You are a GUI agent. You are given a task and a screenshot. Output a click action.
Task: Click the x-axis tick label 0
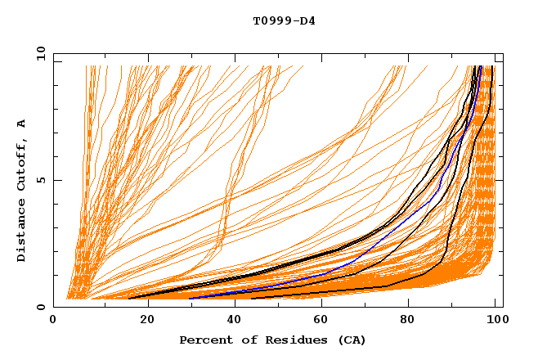pos(53,322)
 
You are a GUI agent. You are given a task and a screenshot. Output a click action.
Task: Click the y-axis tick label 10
pos(40,52)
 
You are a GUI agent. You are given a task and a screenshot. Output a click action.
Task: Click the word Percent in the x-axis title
pos(204,340)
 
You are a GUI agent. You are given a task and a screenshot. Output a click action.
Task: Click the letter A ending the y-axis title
pos(21,124)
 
